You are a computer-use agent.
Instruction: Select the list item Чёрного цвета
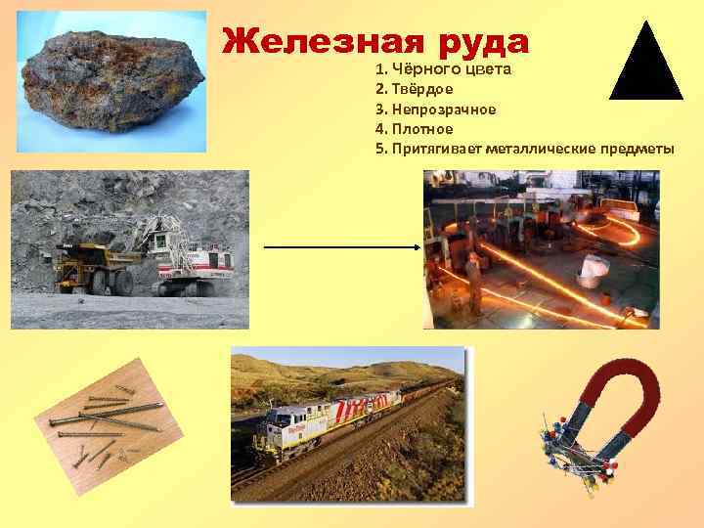click(446, 71)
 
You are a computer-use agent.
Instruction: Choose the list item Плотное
click(421, 128)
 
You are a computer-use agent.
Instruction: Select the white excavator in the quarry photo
click(191, 254)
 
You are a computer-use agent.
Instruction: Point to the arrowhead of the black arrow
click(415, 248)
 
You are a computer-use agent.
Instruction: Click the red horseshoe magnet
click(621, 402)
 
